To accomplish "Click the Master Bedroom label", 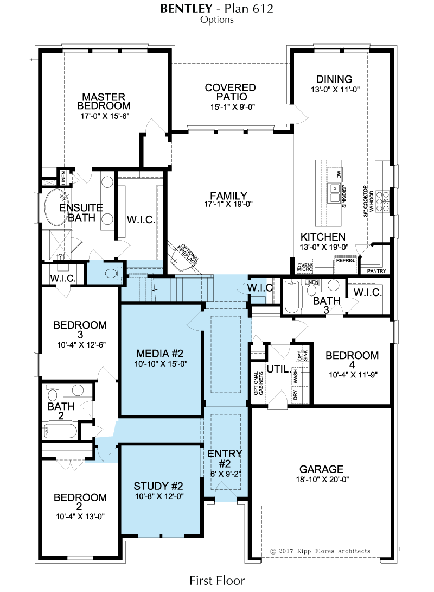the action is [x=104, y=101].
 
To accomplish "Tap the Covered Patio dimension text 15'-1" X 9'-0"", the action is [x=232, y=107].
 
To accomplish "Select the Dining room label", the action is [x=334, y=79].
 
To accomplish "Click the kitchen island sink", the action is [x=334, y=193].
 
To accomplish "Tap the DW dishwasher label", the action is [x=339, y=174].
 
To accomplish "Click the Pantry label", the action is [x=376, y=270].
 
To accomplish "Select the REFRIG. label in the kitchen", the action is [x=346, y=261].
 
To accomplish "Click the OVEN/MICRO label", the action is [x=305, y=267].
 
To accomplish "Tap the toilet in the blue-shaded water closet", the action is [x=113, y=273].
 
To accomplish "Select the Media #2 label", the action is [x=160, y=354].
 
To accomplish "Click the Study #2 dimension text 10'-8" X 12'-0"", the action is [x=159, y=496].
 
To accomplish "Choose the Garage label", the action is [x=321, y=469].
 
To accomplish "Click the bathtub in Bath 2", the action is [x=60, y=430].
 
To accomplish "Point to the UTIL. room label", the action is [x=279, y=369].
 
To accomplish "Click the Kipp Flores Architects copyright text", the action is [x=320, y=551].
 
